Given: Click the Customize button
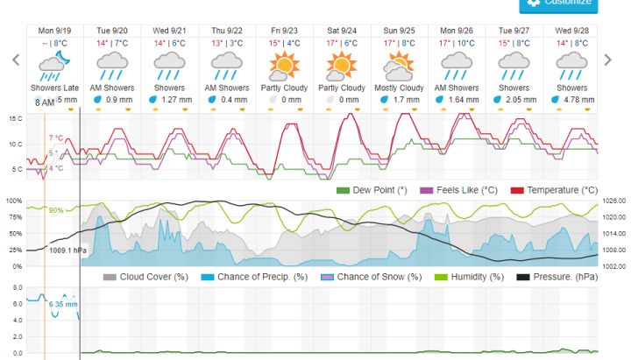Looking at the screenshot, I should click(558, 4).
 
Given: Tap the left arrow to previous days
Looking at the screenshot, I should click(15, 60).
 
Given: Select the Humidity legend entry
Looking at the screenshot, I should click(464, 277).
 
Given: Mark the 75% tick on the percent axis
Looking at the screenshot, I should click(14, 216).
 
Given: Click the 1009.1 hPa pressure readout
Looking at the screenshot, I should click(68, 250).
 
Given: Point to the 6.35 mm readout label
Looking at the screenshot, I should click(63, 305).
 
